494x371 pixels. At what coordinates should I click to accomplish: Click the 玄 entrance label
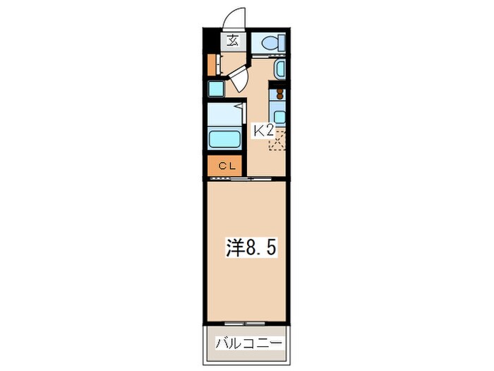[x=232, y=40]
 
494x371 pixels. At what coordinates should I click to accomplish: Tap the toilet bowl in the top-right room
[x=269, y=42]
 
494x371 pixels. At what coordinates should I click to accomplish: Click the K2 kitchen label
[x=263, y=131]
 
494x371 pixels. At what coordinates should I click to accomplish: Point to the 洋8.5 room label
[x=246, y=247]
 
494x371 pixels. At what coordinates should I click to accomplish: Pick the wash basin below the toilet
[x=279, y=69]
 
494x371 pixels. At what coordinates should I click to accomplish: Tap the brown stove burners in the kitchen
[x=279, y=93]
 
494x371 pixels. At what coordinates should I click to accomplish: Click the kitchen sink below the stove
[x=279, y=117]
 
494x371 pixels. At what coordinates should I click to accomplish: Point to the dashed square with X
[x=279, y=141]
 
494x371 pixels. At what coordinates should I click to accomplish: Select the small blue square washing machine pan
[x=215, y=90]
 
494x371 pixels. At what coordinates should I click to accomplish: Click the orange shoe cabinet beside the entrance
[x=211, y=64]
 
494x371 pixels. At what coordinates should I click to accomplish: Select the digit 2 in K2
[x=269, y=131]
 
